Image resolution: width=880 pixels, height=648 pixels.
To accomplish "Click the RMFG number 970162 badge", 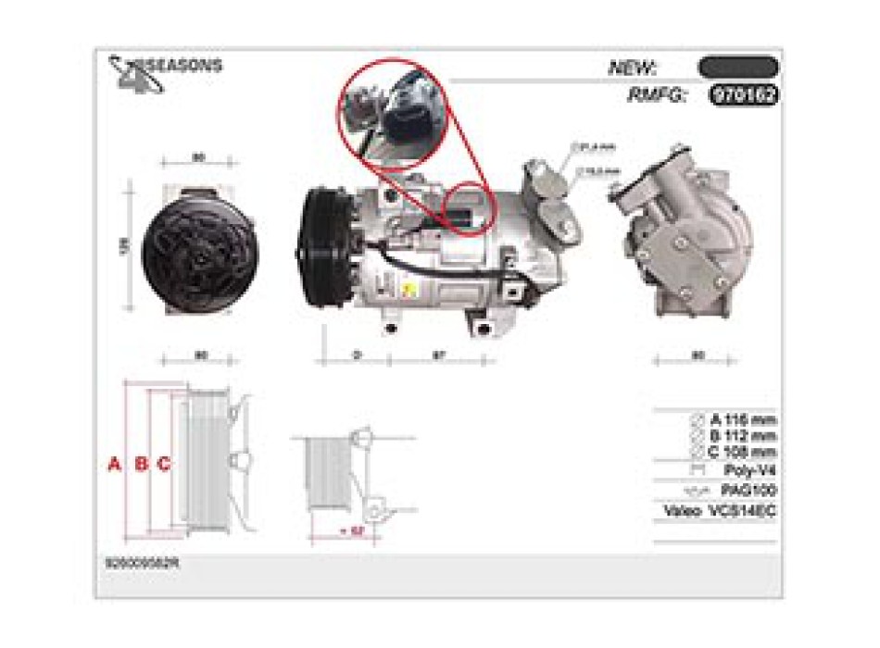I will click(744, 94).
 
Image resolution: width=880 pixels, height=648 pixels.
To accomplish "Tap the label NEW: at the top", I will click(633, 68).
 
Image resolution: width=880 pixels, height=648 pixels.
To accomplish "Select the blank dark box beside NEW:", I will click(738, 68).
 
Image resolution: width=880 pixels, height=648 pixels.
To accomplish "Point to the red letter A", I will click(115, 464).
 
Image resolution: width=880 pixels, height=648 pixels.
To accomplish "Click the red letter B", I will click(141, 464).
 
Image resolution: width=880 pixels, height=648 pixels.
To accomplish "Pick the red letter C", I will click(163, 464).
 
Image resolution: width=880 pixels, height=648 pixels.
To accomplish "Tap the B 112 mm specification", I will click(742, 436).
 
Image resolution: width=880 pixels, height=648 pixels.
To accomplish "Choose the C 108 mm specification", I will click(742, 452).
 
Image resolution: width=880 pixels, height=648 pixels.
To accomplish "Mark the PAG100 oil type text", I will click(748, 490).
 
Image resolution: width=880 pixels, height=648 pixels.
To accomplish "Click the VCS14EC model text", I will click(742, 510).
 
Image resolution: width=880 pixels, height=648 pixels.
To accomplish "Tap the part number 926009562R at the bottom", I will click(143, 562).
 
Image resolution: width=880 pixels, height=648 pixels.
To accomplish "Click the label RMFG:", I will click(657, 94).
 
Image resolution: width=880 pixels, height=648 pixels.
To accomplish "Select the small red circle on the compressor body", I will click(471, 210).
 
